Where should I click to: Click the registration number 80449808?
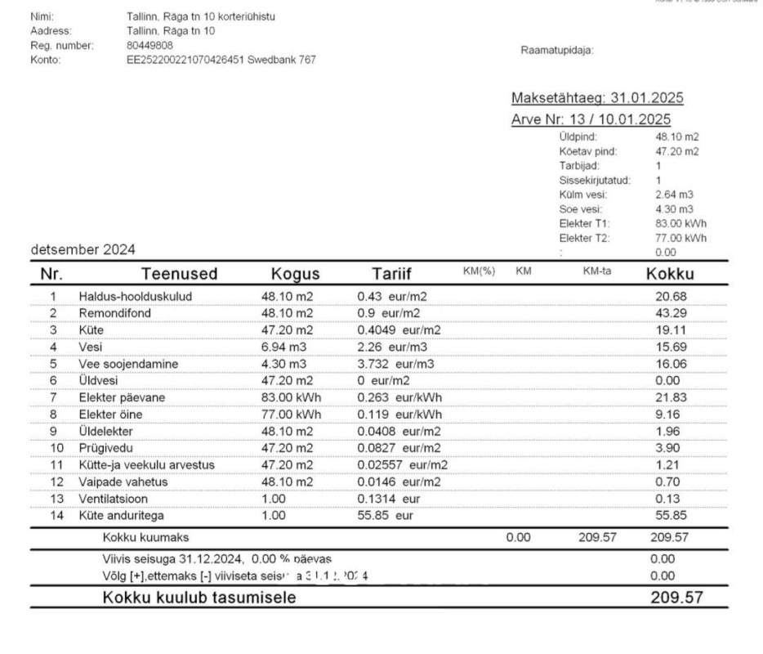pyautogui.click(x=150, y=45)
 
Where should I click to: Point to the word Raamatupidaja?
pyautogui.click(x=556, y=51)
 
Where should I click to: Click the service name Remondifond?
pyautogui.click(x=114, y=313)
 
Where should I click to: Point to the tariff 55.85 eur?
pyautogui.click(x=385, y=516)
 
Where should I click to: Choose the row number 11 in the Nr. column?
pyautogui.click(x=54, y=465)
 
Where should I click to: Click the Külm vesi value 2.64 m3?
pyautogui.click(x=674, y=195)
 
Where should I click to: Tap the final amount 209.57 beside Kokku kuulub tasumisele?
pyautogui.click(x=676, y=598)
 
